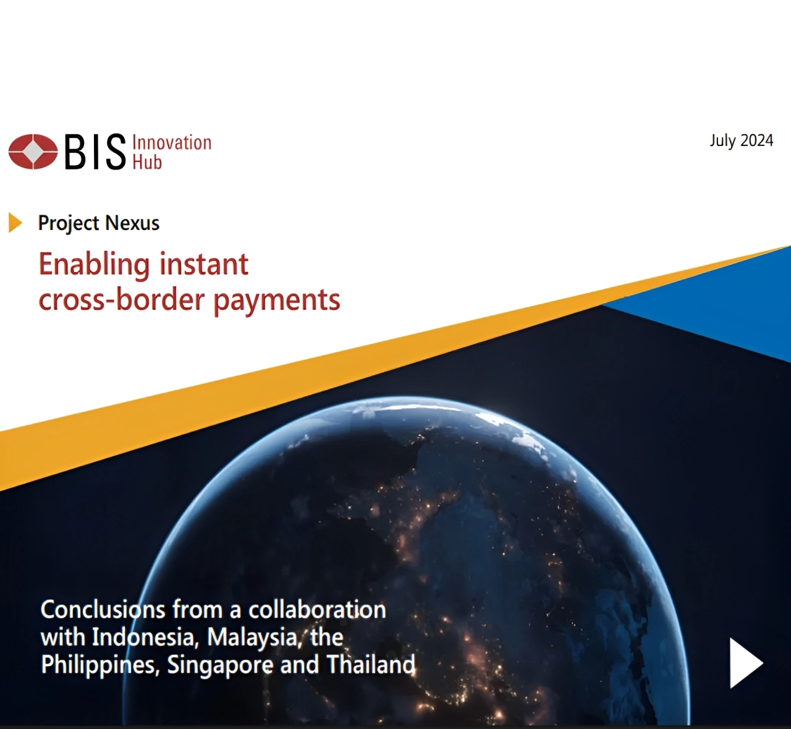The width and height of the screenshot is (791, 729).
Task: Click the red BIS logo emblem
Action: pos(33,151)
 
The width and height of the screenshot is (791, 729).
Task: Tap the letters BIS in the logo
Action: pos(95,152)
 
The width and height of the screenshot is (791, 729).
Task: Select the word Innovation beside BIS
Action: pos(172,142)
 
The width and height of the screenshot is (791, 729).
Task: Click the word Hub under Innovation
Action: pos(147,161)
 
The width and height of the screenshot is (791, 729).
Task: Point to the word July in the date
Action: pos(723,142)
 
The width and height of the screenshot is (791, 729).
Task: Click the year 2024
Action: pos(757,140)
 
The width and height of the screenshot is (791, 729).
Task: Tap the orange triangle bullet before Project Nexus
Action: pos(15,222)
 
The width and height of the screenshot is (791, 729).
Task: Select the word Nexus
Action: pos(132,223)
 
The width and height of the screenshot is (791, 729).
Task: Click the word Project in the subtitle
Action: pos(69,224)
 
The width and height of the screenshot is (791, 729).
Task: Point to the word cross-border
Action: pos(122,299)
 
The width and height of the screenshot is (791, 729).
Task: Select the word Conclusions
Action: pos(103,610)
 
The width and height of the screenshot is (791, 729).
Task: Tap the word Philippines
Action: pos(100,665)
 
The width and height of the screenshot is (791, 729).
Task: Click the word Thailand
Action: pos(371,665)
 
